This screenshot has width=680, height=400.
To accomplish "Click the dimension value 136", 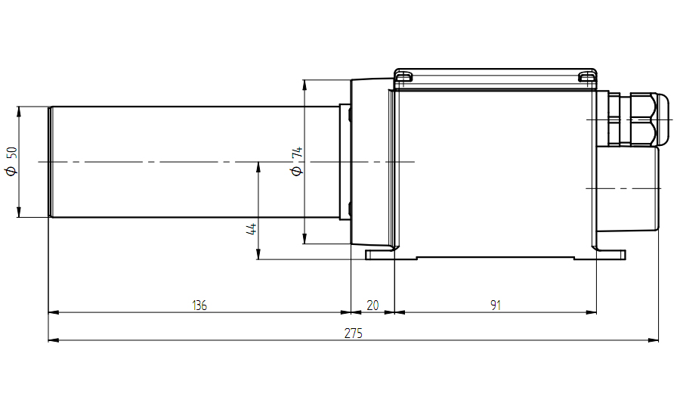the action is pyautogui.click(x=199, y=305).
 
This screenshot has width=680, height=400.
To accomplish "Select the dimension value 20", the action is pyautogui.click(x=372, y=305).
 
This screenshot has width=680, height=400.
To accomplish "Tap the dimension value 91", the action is pyautogui.click(x=496, y=305).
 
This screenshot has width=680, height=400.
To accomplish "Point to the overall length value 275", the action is pyautogui.click(x=354, y=333).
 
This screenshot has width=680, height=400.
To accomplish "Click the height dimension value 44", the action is pyautogui.click(x=252, y=228).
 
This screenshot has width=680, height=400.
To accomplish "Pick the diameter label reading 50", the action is pyautogui.click(x=11, y=153).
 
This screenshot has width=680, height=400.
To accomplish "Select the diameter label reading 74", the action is pyautogui.click(x=297, y=153).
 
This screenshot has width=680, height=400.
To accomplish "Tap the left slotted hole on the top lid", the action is pyautogui.click(x=403, y=77).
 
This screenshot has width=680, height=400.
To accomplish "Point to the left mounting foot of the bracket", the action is pyautogui.click(x=380, y=255).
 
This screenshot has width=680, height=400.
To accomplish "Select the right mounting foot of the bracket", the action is pyautogui.click(x=611, y=255).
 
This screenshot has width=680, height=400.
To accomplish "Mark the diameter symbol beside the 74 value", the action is pyautogui.click(x=297, y=171).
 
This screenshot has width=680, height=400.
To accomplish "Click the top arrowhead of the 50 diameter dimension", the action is pyautogui.click(x=19, y=111).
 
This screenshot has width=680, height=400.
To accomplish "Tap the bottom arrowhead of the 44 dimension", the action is pyautogui.click(x=258, y=255).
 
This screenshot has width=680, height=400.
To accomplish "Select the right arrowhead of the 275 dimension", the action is pyautogui.click(x=654, y=340).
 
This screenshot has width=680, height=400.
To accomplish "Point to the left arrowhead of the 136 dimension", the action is pyautogui.click(x=53, y=312).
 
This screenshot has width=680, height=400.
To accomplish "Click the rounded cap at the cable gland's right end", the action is pyautogui.click(x=663, y=119).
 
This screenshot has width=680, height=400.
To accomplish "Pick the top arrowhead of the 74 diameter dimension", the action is pyautogui.click(x=305, y=85).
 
